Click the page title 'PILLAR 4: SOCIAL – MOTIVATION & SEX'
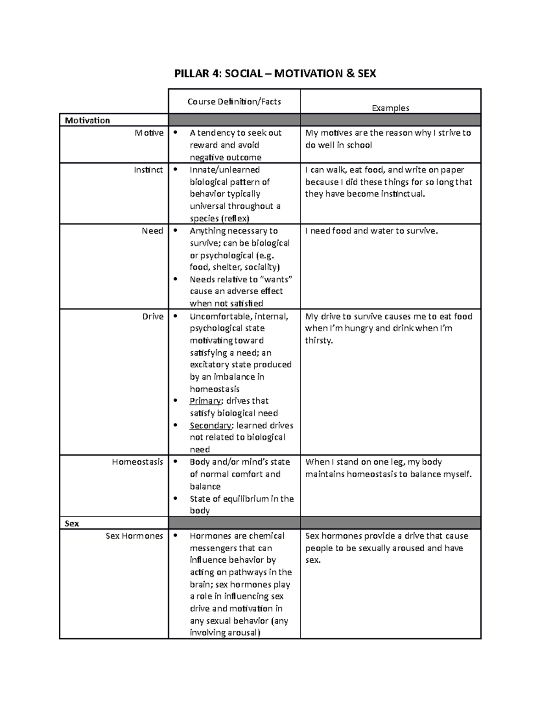275,74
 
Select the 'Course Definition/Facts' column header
234,102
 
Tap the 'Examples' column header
390,108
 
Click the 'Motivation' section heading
87,120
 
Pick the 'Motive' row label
149,133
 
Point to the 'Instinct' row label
148,170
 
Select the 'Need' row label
152,231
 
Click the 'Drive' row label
153,316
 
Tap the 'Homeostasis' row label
137,462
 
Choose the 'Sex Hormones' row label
134,536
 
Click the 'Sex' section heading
72,524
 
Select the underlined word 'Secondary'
210,425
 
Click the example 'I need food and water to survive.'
371,231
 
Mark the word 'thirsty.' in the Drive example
319,341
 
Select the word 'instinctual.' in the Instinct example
403,194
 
